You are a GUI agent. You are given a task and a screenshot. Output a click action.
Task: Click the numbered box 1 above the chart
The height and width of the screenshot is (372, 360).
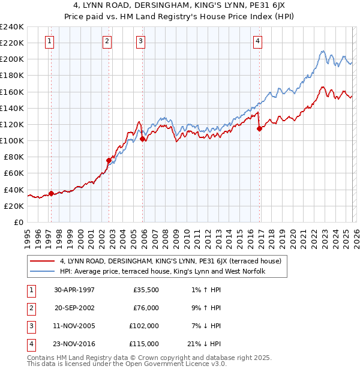coord(49,41)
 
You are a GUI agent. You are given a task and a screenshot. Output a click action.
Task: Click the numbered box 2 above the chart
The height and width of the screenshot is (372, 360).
coord(106,41)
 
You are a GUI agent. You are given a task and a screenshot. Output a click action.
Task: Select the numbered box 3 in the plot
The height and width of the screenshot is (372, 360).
coord(140,41)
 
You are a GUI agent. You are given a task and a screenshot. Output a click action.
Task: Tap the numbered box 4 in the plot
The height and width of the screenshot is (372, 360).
coord(257,41)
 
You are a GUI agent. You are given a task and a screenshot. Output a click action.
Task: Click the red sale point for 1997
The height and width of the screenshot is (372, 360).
coord(51,193)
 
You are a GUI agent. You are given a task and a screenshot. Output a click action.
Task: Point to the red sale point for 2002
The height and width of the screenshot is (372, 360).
coord(109,160)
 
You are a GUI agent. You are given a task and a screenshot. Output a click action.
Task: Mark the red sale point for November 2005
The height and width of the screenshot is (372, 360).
coord(142,139)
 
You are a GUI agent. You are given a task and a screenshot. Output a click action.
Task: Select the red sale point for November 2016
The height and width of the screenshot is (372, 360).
coord(259,128)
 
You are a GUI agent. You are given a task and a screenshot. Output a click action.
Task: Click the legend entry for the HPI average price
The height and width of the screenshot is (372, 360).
coord(162,271)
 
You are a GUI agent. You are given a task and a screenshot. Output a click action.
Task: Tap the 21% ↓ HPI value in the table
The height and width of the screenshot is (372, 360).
coord(205,344)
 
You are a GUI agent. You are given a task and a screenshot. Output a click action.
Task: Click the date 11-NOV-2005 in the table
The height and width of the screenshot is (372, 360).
coord(75,326)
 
